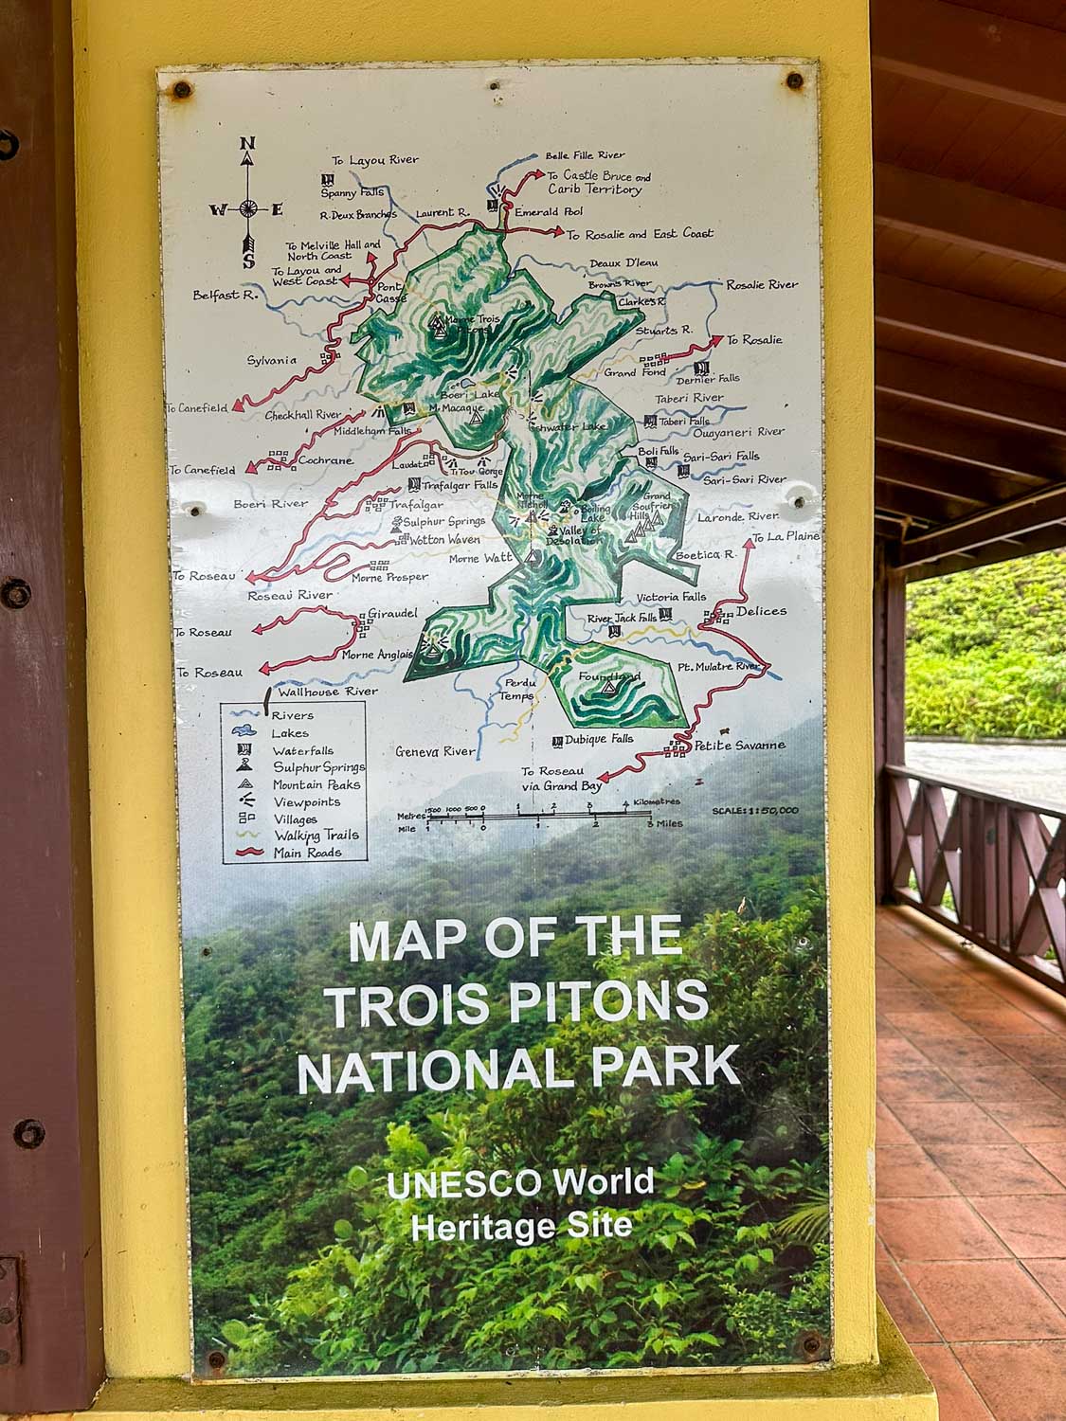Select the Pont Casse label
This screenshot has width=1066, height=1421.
390,292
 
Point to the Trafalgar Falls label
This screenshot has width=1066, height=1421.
460,485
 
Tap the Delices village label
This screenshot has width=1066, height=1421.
761,611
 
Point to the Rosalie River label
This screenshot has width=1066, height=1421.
762,284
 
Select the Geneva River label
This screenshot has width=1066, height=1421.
435,751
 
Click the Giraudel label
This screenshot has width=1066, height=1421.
392,613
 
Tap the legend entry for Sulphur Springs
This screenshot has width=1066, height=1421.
305,766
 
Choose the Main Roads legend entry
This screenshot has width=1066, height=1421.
307,853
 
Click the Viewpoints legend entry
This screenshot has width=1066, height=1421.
306,801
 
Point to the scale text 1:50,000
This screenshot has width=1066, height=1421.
755,810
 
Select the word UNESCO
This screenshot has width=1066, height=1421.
463,1184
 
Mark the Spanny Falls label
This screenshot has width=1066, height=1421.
352,192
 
